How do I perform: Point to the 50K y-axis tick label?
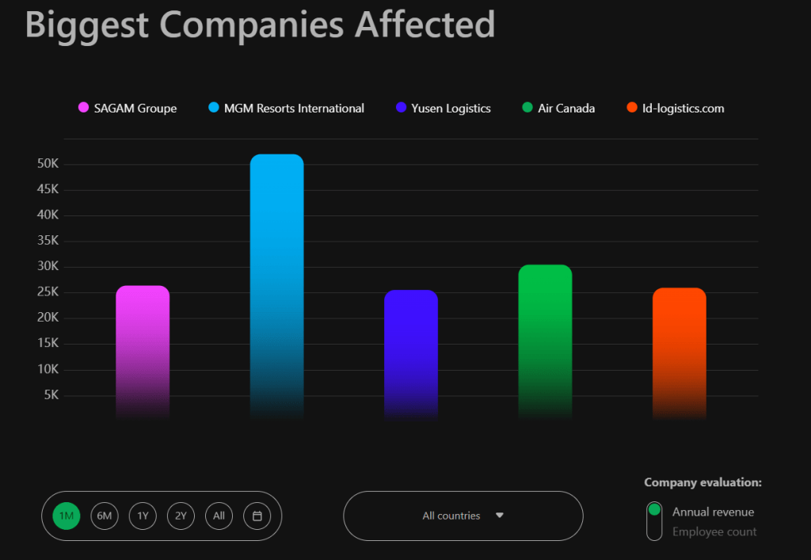tap(48, 164)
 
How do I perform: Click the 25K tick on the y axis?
tap(48, 292)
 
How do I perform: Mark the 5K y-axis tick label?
tap(51, 395)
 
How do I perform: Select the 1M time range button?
tap(67, 516)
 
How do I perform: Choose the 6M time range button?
tap(105, 516)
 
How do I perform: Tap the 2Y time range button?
tap(181, 516)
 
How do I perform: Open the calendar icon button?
tap(257, 516)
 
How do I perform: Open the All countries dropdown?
tap(463, 516)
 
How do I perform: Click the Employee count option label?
tap(714, 532)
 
